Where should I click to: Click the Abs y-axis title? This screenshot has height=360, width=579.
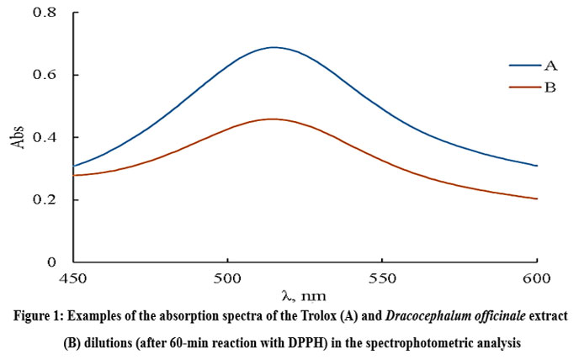tap(16, 138)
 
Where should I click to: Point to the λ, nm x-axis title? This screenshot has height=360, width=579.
tap(304, 295)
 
